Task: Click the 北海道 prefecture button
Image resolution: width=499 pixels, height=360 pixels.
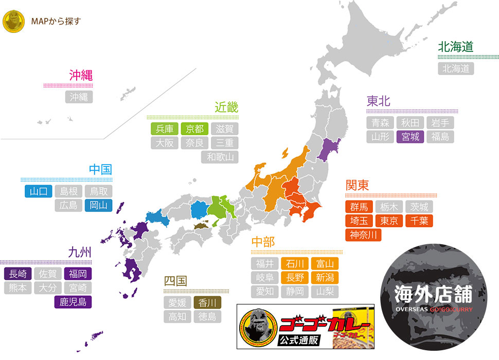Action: tap(456, 68)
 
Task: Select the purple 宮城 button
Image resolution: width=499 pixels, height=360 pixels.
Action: tap(410, 137)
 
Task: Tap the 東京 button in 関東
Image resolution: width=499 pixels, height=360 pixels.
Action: tap(388, 221)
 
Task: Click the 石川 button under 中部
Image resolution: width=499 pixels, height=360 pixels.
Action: tap(295, 264)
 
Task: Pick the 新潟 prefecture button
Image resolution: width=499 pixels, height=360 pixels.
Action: tap(325, 278)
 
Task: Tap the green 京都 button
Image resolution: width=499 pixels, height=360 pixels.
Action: tap(195, 129)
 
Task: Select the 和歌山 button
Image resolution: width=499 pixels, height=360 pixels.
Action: tap(220, 157)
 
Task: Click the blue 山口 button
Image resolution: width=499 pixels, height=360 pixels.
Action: tap(38, 191)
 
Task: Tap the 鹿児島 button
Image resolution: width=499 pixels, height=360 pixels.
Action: tap(73, 301)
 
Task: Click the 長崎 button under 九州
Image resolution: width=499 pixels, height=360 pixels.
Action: tap(18, 274)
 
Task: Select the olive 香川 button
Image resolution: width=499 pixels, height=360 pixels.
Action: tap(207, 302)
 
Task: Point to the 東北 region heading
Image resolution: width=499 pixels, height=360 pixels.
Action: tap(378, 101)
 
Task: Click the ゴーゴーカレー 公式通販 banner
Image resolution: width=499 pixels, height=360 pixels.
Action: tap(306, 327)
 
